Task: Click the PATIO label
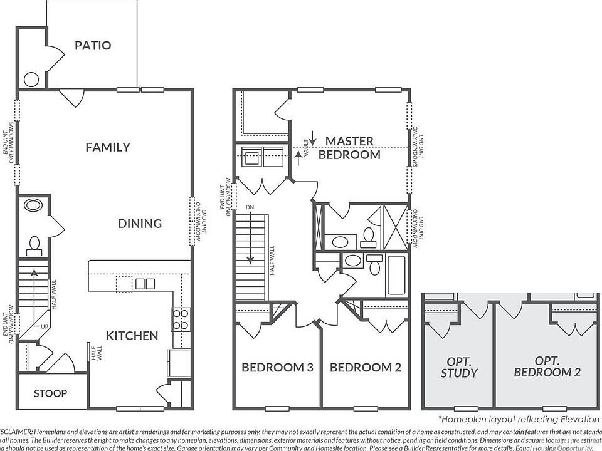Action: coord(93,45)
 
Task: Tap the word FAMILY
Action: coord(108,147)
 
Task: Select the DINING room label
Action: coord(140,224)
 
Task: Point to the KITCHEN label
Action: coord(132,336)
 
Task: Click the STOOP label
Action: coord(50,393)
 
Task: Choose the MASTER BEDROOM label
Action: coord(349,148)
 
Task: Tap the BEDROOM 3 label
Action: coord(277,368)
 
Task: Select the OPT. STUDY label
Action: coord(462,367)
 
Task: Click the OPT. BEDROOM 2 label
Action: coord(547,367)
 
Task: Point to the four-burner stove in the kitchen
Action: coord(181,319)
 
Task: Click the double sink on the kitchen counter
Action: coord(145,284)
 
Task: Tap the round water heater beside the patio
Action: coord(31,80)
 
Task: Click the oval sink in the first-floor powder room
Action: coord(31,205)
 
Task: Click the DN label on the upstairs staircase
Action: coord(249,207)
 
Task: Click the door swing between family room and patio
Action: coord(71,97)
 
